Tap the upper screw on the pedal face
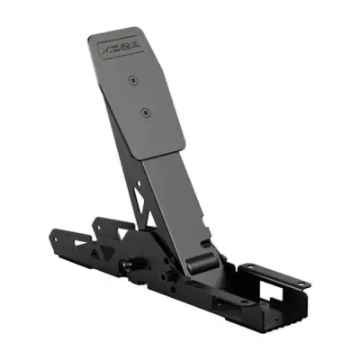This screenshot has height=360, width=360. (133, 80)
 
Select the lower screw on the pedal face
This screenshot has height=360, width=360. (145, 112)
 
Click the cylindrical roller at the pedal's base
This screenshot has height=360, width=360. (206, 262)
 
